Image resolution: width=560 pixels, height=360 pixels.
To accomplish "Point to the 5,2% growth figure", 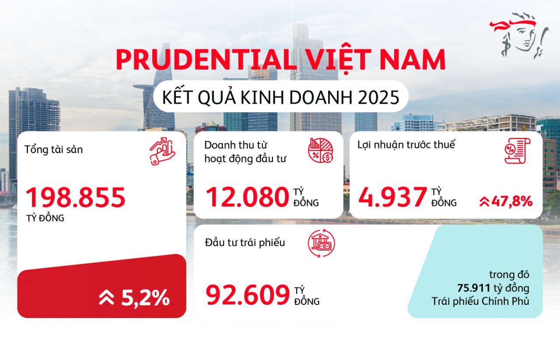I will point(145,298).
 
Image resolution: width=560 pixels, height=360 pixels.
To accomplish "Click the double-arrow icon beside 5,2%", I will point(106,298).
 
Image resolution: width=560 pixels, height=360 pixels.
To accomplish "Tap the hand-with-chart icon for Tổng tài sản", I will point(162,151).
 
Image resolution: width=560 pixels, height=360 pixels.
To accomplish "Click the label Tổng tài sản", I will point(54,149).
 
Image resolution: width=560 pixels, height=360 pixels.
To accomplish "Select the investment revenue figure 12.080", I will point(247,197).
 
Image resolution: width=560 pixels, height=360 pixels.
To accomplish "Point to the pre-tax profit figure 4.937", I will point(392,197).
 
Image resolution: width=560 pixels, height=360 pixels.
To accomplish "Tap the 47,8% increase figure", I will point(511,202).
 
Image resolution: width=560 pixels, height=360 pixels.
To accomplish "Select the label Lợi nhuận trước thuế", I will point(406,145).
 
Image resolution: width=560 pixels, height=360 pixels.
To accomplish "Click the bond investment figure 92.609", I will point(248,296).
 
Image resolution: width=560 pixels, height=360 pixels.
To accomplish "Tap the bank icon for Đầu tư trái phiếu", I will point(321,244).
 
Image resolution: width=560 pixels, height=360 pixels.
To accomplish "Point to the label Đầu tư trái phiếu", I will point(245,242).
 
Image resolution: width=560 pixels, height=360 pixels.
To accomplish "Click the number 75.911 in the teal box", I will point(474,288).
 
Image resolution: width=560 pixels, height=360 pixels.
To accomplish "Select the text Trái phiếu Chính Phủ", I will point(480,301).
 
